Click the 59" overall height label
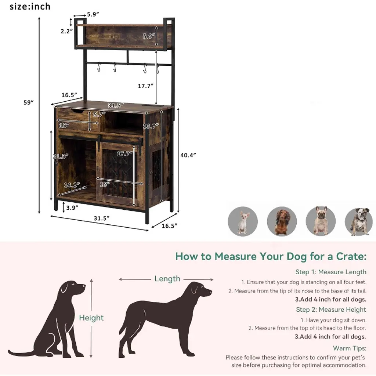pyautogui.click(x=28, y=102)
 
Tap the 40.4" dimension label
pyautogui.click(x=188, y=155)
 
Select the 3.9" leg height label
pyautogui.click(x=72, y=208)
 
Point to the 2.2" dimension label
pyautogui.click(x=67, y=31)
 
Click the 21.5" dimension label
pyautogui.click(x=61, y=156)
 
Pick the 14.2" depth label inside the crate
pyautogui.click(x=72, y=185)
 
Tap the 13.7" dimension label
pyautogui.click(x=151, y=126)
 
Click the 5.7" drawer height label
pyautogui.click(x=99, y=114)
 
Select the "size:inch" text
pyautogui.click(x=30, y=7)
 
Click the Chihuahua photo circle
pyautogui.click(x=243, y=221)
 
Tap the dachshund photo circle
pyautogui.click(x=282, y=221)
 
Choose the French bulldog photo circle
pyautogui.click(x=321, y=221)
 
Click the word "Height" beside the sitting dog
pyautogui.click(x=91, y=318)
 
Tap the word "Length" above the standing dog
pyautogui.click(x=167, y=279)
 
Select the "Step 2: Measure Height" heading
pyautogui.click(x=331, y=310)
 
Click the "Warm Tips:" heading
pyautogui.click(x=350, y=348)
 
